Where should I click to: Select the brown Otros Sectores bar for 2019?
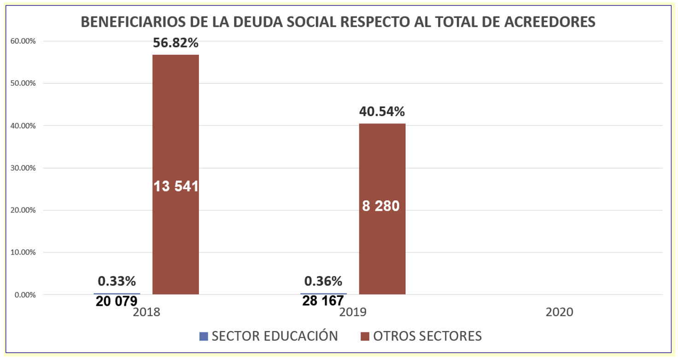coord(382,161)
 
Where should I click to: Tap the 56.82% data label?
coord(175,43)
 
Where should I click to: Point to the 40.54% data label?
coord(382,112)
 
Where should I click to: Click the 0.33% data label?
coord(117,281)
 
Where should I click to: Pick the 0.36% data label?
coord(323,281)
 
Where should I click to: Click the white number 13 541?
coord(175,186)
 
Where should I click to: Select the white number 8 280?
coord(381,206)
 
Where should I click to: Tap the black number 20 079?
coord(117,301)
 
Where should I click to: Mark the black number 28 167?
coord(323,301)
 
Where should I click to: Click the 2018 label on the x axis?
coord(146,312)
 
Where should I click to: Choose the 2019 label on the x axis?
coord(352,312)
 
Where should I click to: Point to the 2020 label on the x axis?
coord(559,312)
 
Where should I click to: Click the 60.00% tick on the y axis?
coord(22,41)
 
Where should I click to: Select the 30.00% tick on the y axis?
coord(22,168)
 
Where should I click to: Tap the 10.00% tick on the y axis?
coord(22,252)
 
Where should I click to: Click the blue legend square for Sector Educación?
coord(204,337)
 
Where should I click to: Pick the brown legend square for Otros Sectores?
coord(365,337)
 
